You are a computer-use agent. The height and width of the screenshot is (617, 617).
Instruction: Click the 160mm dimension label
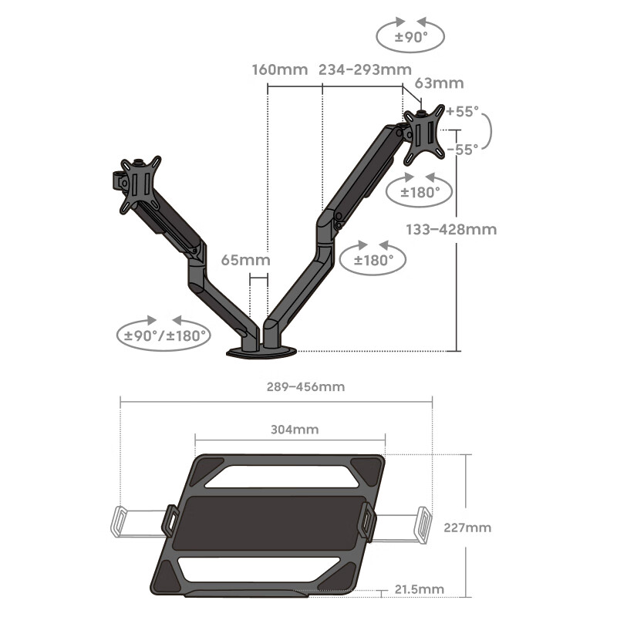pos(280,70)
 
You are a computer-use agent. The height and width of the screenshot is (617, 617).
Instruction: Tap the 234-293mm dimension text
pos(365,70)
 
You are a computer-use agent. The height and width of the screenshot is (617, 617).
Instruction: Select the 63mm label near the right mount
pos(439,83)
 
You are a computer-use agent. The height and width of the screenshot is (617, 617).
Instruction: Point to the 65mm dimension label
pos(245,260)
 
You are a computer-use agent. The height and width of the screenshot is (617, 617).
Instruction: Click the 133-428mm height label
pos(451,229)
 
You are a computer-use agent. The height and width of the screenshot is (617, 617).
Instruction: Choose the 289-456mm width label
pos(305,387)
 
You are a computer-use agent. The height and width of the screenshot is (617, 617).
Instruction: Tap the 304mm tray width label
pos(295,430)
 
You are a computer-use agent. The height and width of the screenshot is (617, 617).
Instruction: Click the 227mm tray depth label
pos(467,528)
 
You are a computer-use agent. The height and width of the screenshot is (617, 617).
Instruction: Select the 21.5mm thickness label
pos(420,589)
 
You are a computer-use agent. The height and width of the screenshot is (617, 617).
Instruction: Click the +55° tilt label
pos(462,111)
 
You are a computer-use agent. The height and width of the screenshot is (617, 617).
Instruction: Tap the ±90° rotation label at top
pos(411,37)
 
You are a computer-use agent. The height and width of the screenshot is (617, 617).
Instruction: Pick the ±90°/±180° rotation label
pos(164,336)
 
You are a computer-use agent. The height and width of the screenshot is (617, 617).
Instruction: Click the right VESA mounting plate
pos(425,134)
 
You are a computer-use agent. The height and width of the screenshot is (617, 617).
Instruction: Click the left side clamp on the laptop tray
pos(170,521)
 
